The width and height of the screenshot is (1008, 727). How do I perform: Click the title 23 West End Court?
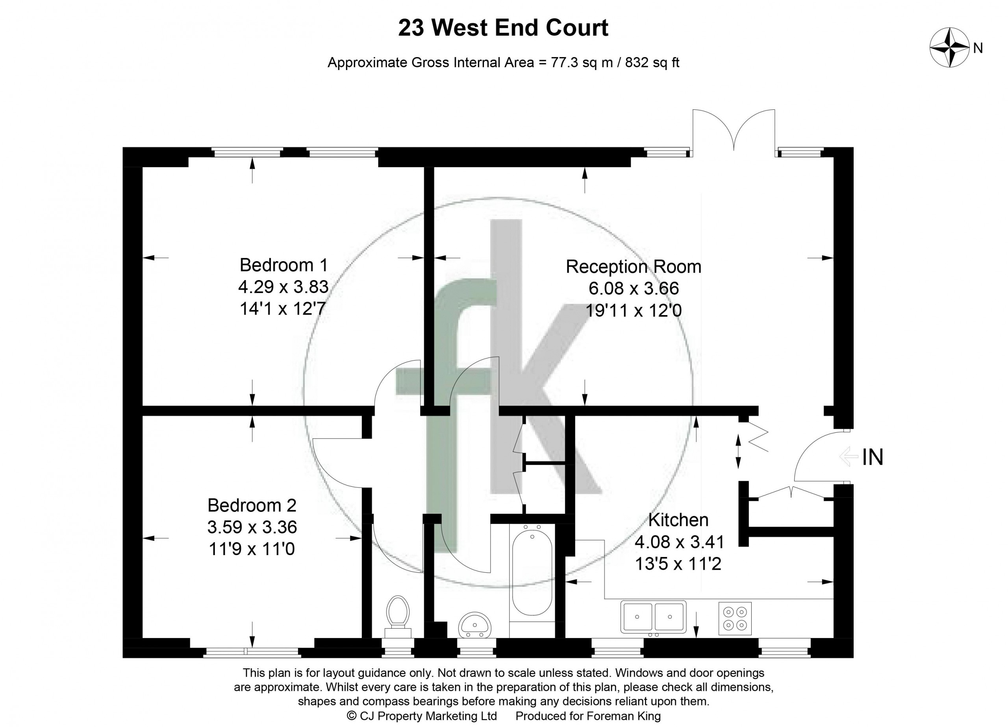coord(503,28)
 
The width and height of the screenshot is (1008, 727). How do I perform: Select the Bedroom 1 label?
coord(283,265)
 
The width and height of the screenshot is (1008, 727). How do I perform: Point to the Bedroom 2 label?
coord(252,506)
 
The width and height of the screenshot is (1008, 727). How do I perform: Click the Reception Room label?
coord(633,266)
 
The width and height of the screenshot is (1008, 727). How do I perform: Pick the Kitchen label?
coord(678,520)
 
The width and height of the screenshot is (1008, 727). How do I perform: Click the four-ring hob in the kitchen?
coord(735,618)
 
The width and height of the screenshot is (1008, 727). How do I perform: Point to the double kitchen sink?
coord(653,617)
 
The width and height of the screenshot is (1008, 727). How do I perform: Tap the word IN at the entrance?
coord(873,458)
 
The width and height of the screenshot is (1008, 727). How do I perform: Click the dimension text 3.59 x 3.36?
coord(252,527)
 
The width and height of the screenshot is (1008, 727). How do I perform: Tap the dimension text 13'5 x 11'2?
coord(678,564)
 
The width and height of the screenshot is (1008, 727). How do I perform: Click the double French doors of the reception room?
coord(734,131)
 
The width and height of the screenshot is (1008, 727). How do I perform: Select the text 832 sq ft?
coord(652,62)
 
